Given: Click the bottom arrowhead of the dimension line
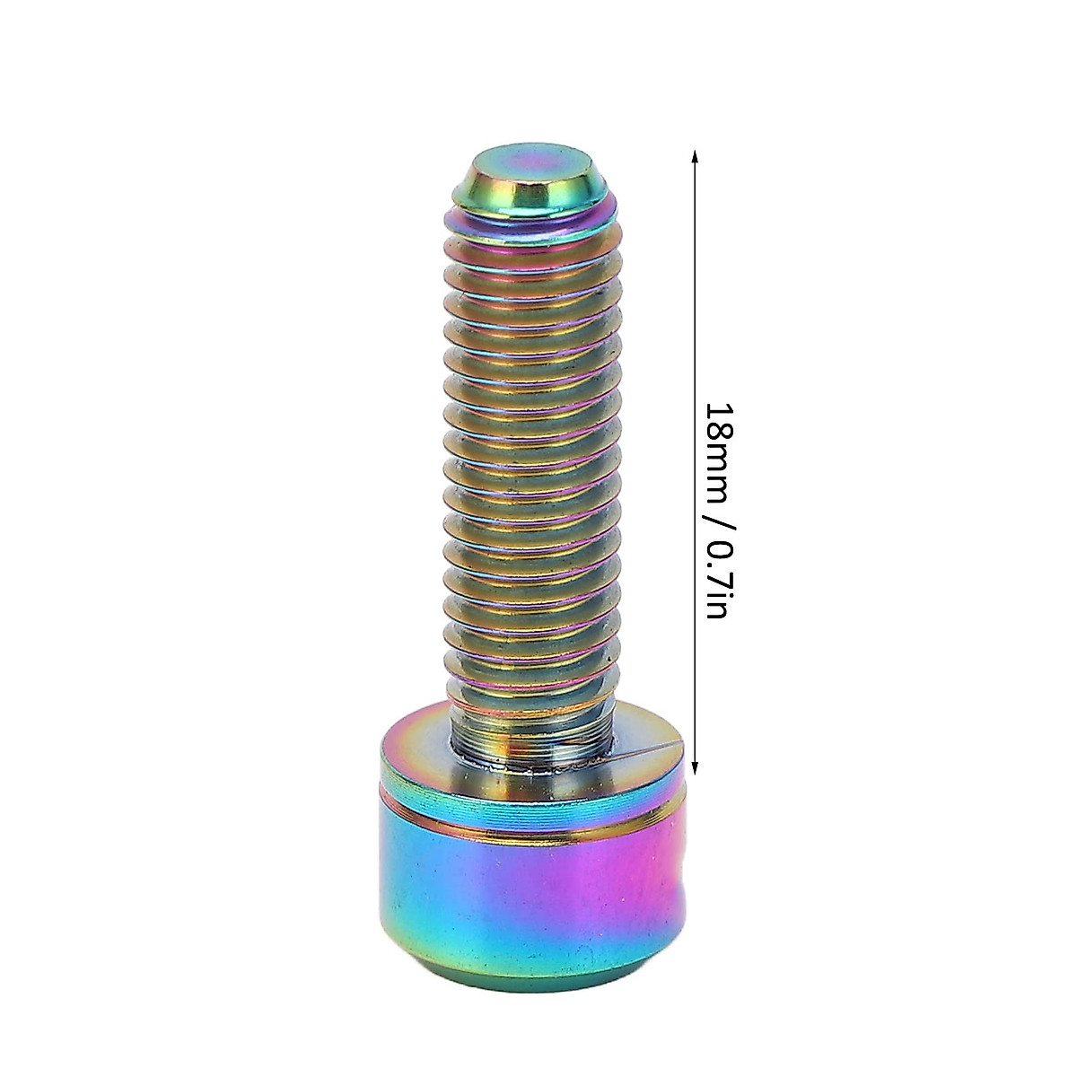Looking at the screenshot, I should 693,766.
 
